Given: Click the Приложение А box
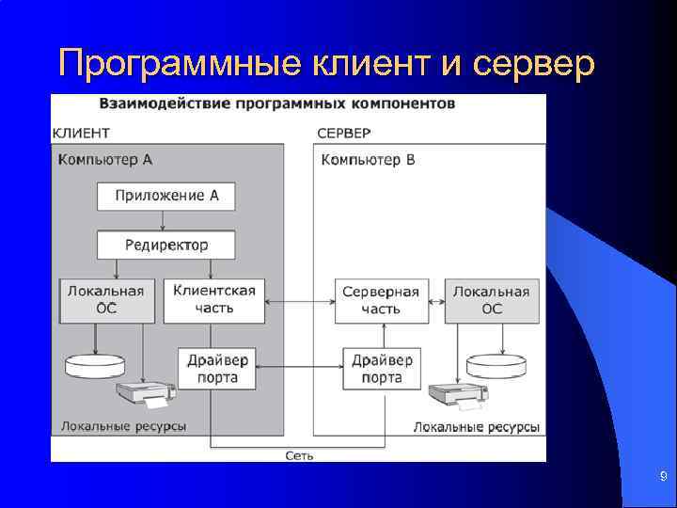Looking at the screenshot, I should point(166,196).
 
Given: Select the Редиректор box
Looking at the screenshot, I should point(166,245).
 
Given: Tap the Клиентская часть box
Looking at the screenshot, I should point(214,299).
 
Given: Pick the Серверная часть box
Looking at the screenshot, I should point(381,300).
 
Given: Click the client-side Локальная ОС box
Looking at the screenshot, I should point(105,299).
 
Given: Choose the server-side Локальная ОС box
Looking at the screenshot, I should point(491,300).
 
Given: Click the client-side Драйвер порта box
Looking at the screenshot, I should point(217,369).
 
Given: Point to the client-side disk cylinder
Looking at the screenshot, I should point(94,362).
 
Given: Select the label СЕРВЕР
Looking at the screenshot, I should point(344,133).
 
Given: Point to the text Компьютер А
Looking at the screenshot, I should point(105,159).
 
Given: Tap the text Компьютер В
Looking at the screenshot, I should point(368,159).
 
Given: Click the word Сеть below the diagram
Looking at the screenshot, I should point(299,455).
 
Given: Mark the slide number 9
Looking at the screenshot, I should point(662,478).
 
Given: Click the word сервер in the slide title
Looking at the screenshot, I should point(534,64).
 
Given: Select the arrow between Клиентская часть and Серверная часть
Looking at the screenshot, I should point(299,302).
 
